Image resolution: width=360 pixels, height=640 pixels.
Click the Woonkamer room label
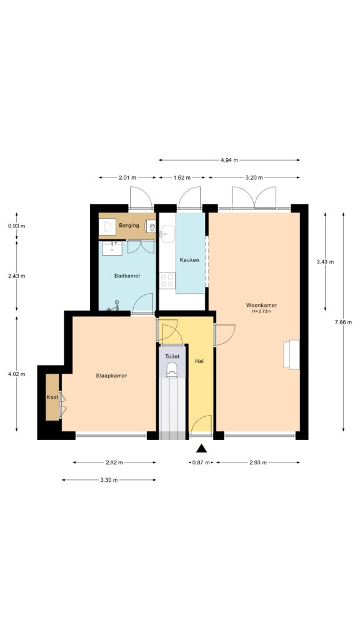tap(261, 305)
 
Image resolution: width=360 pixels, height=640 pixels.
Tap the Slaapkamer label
tap(112, 376)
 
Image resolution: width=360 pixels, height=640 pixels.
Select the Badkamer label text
tap(127, 276)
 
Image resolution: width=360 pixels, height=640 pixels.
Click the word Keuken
tap(190, 260)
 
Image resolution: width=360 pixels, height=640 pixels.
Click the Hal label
tap(199, 361)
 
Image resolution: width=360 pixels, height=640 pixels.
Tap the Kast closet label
tap(52, 397)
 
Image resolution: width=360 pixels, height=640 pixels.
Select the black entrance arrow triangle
tap(201, 447)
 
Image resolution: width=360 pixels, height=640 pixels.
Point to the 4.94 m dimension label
tap(229, 161)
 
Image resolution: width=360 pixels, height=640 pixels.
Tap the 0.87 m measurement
tap(201, 462)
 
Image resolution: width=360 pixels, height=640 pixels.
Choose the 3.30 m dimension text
tap(109, 480)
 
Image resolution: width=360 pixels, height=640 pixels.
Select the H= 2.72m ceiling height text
tap(261, 311)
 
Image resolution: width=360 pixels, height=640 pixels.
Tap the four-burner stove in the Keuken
tap(167, 281)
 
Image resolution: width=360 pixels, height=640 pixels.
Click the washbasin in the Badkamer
tap(112, 248)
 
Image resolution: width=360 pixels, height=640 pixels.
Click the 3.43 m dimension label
tap(326, 261)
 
